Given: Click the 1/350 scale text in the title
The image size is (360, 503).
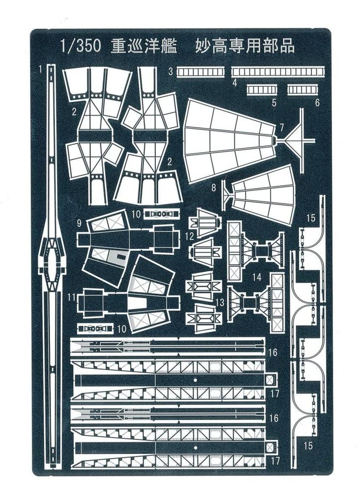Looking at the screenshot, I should pos(81,46).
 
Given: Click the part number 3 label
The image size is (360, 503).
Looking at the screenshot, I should pos(170,72).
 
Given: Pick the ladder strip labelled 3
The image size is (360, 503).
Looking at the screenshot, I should pos(200,72).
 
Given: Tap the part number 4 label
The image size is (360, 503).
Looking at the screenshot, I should pos(235,83).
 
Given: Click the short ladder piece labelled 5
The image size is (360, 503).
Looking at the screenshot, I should pos(262,90).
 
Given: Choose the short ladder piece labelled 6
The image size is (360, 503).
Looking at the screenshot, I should pos(303,90).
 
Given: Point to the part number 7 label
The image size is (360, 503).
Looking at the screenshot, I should pos(281,128).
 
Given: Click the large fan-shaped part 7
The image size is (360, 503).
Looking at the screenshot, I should pos(229,140).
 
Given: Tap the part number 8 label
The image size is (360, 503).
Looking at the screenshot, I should pos(214,187).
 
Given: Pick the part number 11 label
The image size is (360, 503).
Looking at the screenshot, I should pos(72,297).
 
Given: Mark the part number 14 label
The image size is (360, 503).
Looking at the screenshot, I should pos(256,277).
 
